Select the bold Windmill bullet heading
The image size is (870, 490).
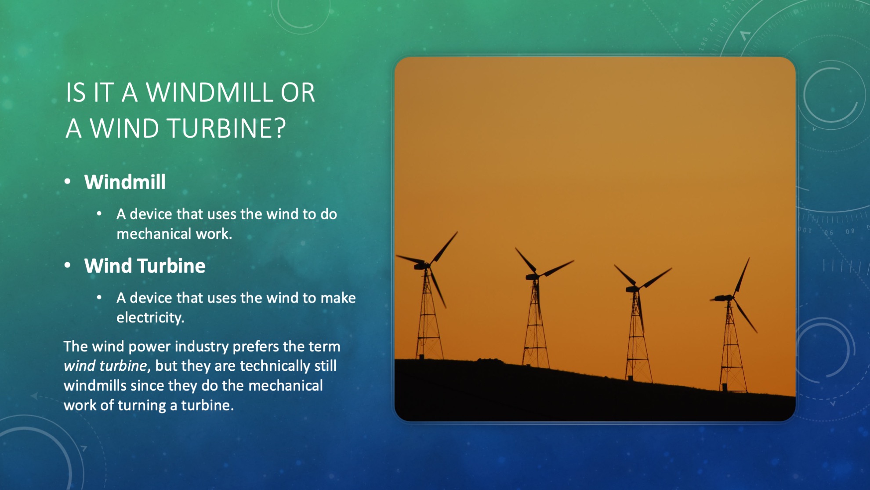125,182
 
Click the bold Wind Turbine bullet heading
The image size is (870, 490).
145,266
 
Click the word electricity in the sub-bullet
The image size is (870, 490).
149,318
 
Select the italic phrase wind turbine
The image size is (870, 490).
105,366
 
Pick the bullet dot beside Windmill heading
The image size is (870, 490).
67,182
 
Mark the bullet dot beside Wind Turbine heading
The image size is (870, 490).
67,265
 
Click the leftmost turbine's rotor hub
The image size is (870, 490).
427,265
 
